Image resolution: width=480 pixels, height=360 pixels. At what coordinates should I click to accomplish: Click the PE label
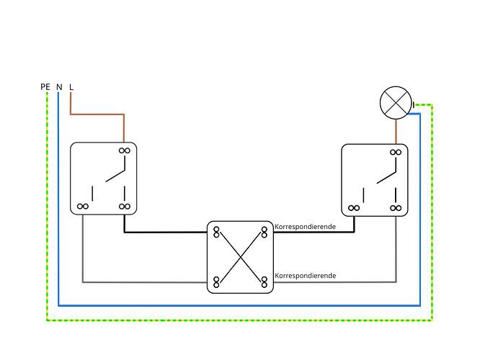[45, 87]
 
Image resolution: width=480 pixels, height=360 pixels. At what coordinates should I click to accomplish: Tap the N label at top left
[59, 87]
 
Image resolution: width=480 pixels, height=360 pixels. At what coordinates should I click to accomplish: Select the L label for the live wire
[71, 87]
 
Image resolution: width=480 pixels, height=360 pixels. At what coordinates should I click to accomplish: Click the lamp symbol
[396, 103]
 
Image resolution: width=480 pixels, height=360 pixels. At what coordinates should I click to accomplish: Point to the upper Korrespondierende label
[305, 227]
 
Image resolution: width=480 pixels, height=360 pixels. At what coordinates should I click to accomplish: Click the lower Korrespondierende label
[305, 276]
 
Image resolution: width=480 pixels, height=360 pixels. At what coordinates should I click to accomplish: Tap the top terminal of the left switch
[124, 150]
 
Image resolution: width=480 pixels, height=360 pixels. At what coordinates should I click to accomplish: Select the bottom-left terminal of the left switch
[83, 207]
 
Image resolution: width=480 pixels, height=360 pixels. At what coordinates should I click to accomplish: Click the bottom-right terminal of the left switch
[124, 207]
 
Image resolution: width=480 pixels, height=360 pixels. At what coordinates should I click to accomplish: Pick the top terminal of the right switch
[396, 152]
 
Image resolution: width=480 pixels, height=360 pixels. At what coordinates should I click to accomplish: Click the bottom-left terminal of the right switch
[354, 208]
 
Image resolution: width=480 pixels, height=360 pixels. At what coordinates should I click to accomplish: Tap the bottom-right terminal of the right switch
[396, 208]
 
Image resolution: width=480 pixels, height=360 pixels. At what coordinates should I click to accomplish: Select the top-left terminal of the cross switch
[216, 232]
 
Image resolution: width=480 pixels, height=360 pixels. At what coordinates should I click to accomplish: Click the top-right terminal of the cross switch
[265, 232]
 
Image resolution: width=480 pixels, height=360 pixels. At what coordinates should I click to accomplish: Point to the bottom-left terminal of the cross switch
[216, 282]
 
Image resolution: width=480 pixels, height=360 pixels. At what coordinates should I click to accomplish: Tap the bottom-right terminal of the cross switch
[265, 282]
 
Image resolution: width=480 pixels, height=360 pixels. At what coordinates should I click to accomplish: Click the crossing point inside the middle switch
[241, 257]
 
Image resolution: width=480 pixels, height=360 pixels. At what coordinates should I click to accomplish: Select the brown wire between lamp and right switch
[396, 132]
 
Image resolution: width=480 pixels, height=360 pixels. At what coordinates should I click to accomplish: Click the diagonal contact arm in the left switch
[115, 176]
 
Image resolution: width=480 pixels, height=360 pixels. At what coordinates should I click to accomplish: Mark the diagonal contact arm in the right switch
[386, 177]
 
